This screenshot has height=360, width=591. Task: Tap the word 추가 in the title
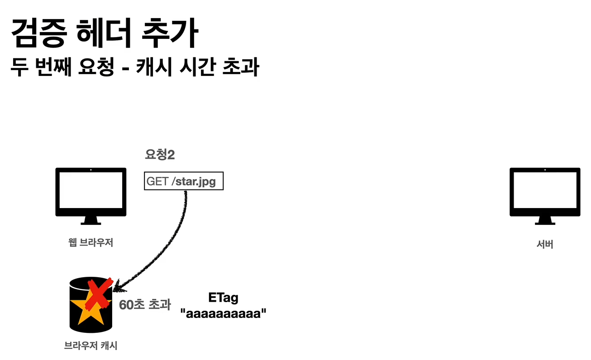[170, 34]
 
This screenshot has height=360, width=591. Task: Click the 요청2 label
[159, 155]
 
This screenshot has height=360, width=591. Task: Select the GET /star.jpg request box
[183, 182]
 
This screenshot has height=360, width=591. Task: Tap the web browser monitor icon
[91, 192]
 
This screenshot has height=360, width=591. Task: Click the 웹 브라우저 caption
[91, 243]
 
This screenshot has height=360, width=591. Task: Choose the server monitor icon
[545, 192]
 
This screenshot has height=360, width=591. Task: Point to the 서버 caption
[545, 245]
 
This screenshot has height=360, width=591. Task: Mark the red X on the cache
[100, 294]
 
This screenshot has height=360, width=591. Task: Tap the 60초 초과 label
[145, 305]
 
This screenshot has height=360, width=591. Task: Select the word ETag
[223, 298]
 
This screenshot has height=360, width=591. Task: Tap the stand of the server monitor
[545, 221]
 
